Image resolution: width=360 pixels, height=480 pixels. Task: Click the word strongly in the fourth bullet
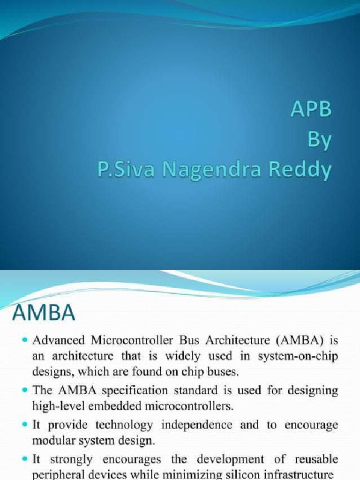pos(66,460)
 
